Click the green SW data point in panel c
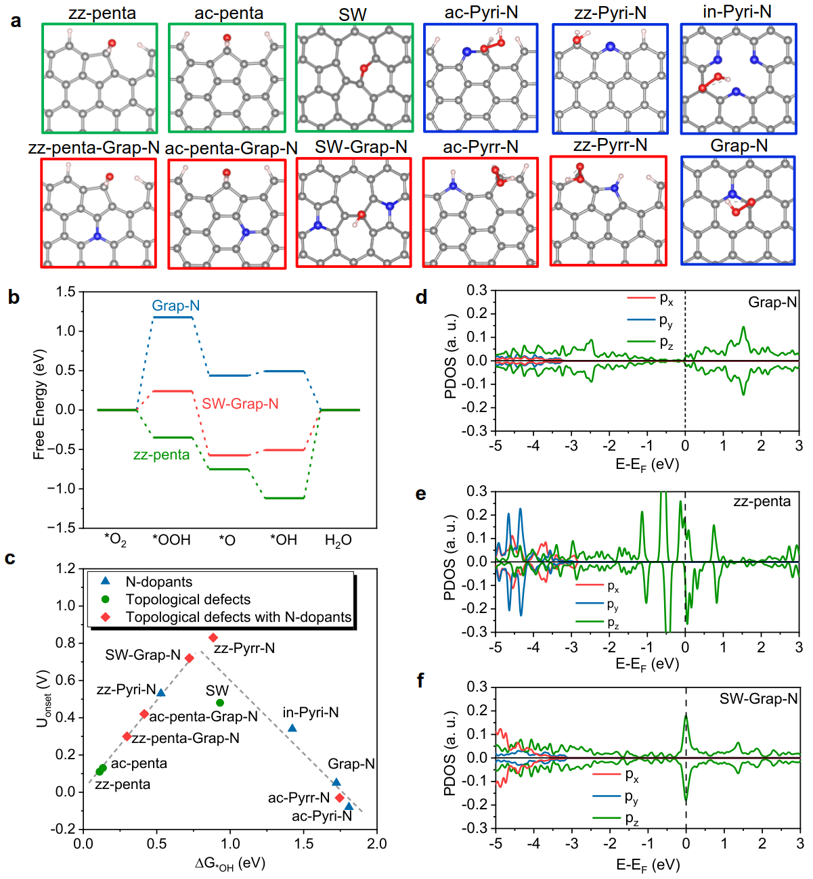220,703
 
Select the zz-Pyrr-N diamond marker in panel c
213,637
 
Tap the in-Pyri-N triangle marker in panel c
292,728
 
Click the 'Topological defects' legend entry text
188,600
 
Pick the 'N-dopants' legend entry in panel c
158,582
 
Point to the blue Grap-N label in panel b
175,306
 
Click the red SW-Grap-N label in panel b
240,404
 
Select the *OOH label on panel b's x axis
171,540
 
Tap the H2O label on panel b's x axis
338,540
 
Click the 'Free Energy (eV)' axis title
39,404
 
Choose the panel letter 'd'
421,298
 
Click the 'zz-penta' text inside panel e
762,501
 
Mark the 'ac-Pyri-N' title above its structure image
481,13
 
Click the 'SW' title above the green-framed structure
352,14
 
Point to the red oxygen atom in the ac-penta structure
227,38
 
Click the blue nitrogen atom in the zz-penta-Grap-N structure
97,236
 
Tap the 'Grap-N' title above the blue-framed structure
739,146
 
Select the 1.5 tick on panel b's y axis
66,292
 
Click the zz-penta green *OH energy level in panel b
284,498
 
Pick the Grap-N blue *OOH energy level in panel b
172,317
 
